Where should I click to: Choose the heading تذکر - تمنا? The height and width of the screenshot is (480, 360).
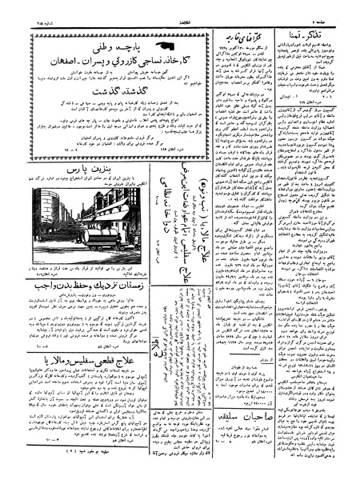[320, 29]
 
